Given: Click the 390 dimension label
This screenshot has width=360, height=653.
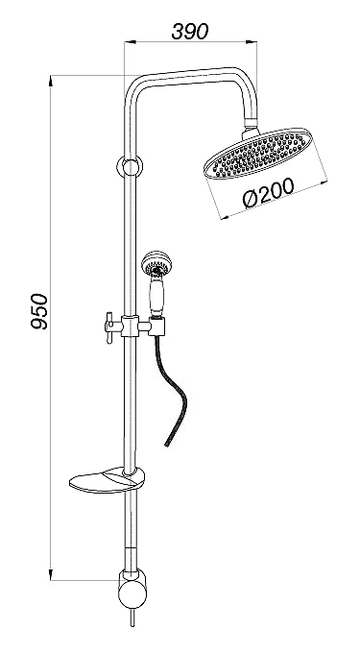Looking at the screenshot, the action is [x=189, y=32].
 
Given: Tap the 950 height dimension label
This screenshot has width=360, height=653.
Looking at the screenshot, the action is [x=40, y=311].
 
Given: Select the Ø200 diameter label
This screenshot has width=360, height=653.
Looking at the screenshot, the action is [x=269, y=192].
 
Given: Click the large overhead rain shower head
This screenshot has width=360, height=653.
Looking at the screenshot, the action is [x=257, y=154].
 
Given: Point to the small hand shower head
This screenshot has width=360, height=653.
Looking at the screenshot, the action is [x=156, y=263].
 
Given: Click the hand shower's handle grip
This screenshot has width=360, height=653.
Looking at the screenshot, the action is [x=156, y=295].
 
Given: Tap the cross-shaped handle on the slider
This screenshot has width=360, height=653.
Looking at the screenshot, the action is [x=109, y=327].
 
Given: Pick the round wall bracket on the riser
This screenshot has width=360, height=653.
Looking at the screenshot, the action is [x=130, y=167].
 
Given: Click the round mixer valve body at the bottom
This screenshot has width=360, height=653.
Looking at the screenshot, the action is [x=132, y=594].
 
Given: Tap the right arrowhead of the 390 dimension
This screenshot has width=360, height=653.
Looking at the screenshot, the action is [x=252, y=41].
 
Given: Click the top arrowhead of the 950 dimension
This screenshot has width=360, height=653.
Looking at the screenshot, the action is [x=51, y=82].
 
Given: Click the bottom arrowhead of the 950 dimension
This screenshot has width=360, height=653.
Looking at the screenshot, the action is [x=51, y=574].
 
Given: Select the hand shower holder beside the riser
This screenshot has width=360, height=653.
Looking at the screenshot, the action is [x=158, y=326].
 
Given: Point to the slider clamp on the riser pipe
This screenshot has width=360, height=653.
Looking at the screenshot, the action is [x=130, y=326].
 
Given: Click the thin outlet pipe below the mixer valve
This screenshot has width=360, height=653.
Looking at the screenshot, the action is [x=132, y=617].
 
